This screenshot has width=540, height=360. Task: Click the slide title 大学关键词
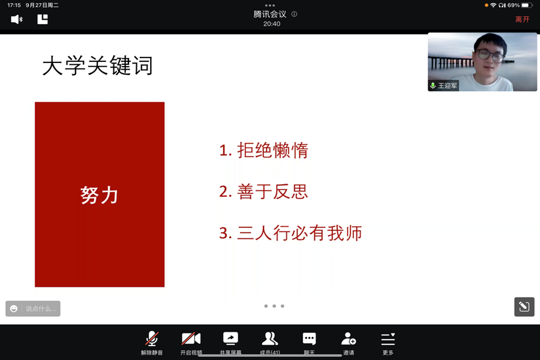click(97, 65)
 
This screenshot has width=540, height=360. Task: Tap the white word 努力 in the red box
click(99, 195)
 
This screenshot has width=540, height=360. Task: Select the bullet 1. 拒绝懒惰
click(264, 151)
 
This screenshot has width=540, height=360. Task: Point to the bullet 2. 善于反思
click(263, 191)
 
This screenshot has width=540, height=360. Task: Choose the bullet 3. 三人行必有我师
click(290, 233)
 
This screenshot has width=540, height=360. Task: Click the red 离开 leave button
click(522, 19)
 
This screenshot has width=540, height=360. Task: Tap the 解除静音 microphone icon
click(152, 338)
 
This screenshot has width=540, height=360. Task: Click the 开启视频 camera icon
click(191, 338)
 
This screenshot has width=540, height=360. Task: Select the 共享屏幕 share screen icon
click(230, 338)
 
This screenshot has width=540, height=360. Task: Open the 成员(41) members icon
click(269, 338)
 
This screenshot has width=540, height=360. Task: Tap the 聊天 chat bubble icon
click(309, 338)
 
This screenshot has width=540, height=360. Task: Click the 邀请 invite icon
click(349, 338)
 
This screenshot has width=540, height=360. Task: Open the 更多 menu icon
click(388, 339)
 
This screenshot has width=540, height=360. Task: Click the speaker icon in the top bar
click(17, 19)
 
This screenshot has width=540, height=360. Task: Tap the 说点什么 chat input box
click(33, 308)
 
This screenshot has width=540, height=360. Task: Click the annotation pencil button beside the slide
click(524, 307)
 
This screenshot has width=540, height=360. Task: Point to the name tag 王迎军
click(448, 85)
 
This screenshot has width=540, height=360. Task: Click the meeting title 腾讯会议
click(270, 14)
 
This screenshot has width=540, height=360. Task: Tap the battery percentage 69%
click(514, 5)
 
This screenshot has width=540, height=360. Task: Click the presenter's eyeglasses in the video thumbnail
click(490, 55)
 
